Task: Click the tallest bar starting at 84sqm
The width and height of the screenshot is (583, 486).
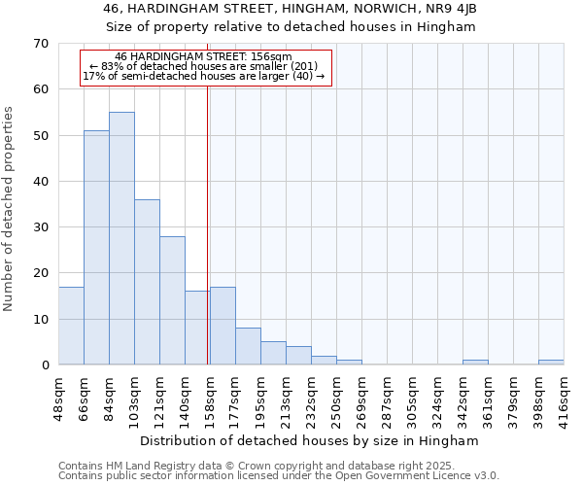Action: pyautogui.click(x=121, y=238)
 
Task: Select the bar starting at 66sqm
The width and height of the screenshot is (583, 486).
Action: pyautogui.click(x=96, y=248)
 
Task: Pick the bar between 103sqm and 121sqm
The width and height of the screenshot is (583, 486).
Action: pyautogui.click(x=147, y=282)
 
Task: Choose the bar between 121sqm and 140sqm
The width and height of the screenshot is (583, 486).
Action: pyautogui.click(x=172, y=300)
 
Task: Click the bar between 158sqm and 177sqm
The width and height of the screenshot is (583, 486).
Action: pyautogui.click(x=223, y=326)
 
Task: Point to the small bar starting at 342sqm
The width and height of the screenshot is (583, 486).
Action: pyautogui.click(x=475, y=363)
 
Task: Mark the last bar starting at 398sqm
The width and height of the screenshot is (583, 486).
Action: pyautogui.click(x=551, y=363)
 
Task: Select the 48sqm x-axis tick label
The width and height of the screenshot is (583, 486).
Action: pyautogui.click(x=57, y=396)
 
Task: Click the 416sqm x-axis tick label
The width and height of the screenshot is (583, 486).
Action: pyautogui.click(x=564, y=396)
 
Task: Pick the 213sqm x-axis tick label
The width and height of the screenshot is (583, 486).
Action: pyautogui.click(x=286, y=396)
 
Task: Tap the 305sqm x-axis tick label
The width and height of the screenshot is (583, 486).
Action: pyautogui.click(x=412, y=396)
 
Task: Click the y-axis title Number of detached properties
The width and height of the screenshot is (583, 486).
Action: pyautogui.click(x=9, y=208)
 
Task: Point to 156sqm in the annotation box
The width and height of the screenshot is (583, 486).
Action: pyautogui.click(x=273, y=57)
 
